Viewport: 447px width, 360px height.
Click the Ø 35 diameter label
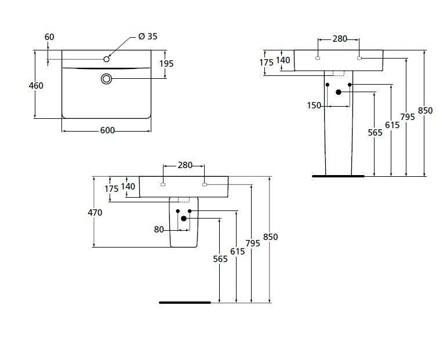point(148,36)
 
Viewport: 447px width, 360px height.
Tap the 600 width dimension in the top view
point(107,130)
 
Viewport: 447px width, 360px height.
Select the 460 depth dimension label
point(36,86)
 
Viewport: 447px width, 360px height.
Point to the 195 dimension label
point(166,64)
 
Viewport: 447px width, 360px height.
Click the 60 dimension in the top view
point(49,37)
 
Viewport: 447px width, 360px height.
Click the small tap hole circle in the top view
point(107,59)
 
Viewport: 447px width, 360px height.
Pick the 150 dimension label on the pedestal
point(314,105)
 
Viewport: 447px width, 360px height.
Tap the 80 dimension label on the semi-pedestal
point(159,229)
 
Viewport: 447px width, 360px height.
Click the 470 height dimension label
point(95,213)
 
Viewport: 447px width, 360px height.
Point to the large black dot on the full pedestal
point(339,92)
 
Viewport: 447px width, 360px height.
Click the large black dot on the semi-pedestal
point(184,218)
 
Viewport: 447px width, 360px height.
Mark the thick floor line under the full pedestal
point(338,176)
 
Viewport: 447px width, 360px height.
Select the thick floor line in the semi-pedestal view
point(185,302)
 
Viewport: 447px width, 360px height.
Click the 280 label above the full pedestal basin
point(340,39)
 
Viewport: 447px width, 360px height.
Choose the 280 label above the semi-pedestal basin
point(184,165)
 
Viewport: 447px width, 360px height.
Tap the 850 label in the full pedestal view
point(425,111)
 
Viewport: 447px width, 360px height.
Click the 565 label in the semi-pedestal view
point(220,259)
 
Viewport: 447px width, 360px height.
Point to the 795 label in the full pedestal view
point(408,117)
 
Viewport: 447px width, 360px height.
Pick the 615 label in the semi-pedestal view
point(237,251)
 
